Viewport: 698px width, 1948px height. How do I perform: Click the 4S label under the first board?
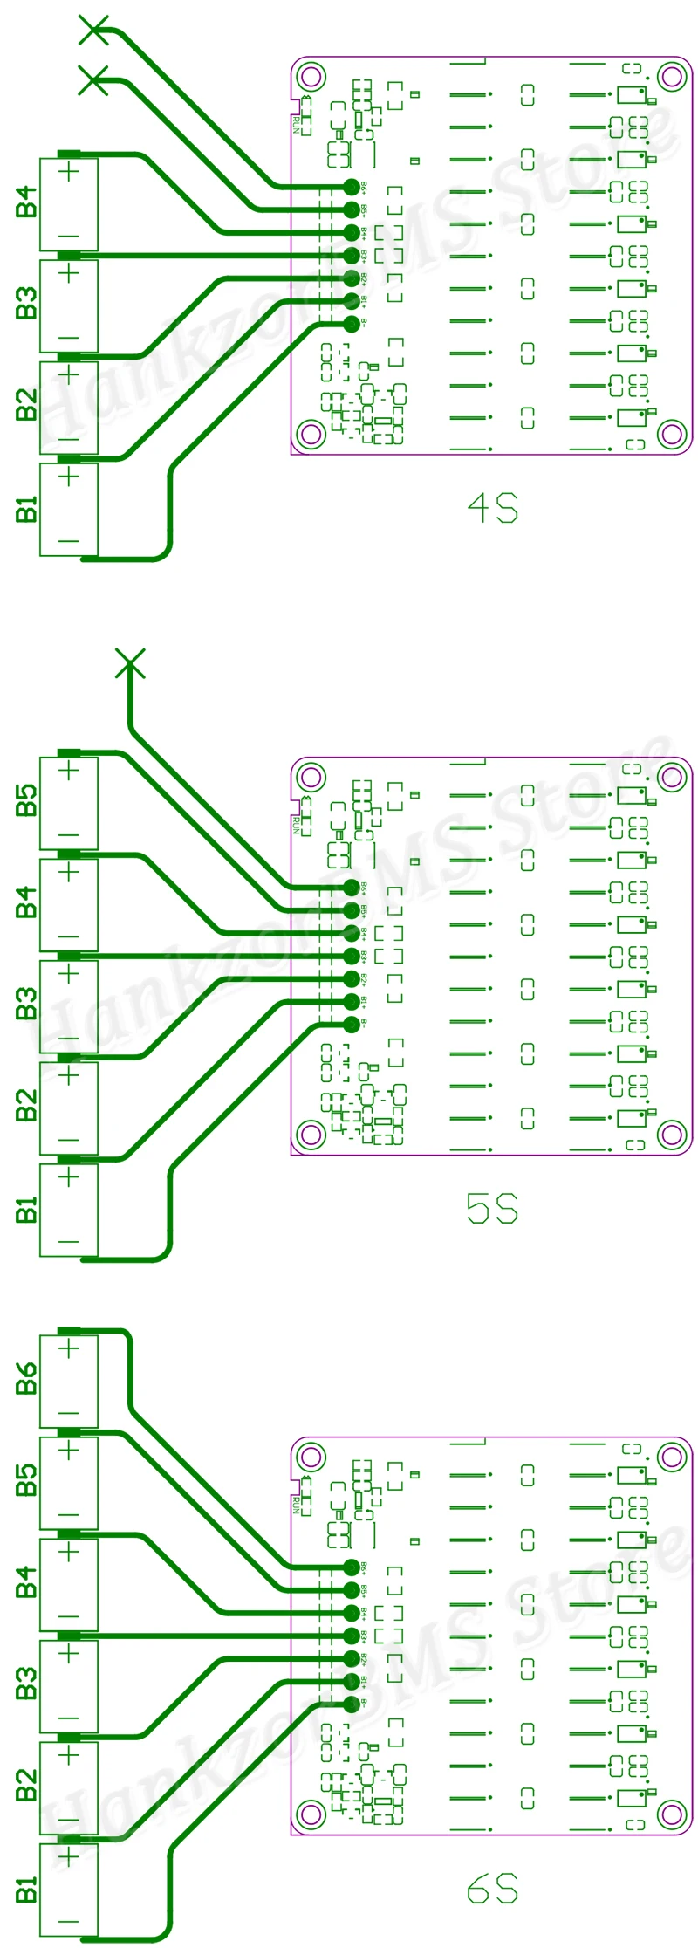coord(493,508)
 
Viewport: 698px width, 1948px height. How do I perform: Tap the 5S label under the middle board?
coord(493,1209)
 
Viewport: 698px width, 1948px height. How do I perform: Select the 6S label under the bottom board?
coord(493,1890)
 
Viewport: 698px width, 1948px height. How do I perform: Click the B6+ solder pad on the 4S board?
coord(352,187)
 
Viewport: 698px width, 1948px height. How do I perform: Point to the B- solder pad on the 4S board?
coord(352,324)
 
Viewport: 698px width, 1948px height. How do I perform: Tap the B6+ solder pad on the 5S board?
coord(352,888)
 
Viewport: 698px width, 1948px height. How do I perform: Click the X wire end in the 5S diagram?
coord(130,664)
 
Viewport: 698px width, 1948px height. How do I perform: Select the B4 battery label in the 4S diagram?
coord(27,202)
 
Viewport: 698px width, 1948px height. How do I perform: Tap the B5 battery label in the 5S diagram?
coord(27,800)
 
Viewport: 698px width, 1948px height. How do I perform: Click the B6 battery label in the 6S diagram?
coord(27,1379)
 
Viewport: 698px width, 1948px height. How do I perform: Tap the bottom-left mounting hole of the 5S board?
coord(311,1134)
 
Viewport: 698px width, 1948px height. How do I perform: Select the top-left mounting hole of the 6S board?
coord(311,1456)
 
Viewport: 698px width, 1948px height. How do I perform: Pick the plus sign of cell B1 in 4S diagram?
coord(69,477)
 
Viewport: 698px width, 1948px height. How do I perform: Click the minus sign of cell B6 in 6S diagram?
coord(69,1414)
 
